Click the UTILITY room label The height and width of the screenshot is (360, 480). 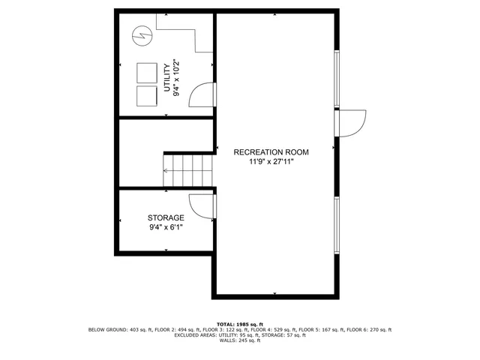pos(167,78)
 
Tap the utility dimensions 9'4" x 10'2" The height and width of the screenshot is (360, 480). pos(178,78)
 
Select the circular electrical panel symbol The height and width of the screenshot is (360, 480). pos(142,34)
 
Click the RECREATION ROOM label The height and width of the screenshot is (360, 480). pos(271,151)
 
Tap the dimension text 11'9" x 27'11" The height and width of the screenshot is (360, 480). pos(271,161)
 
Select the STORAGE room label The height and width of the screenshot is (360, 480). pos(166,217)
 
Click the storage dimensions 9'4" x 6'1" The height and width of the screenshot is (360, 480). pos(166,226)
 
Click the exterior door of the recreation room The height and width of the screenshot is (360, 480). pos(351,123)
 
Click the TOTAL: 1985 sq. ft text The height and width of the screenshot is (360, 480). pos(240,323)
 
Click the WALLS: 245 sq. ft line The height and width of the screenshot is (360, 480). pos(240,341)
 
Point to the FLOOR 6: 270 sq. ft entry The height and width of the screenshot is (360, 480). pos(370,329)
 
